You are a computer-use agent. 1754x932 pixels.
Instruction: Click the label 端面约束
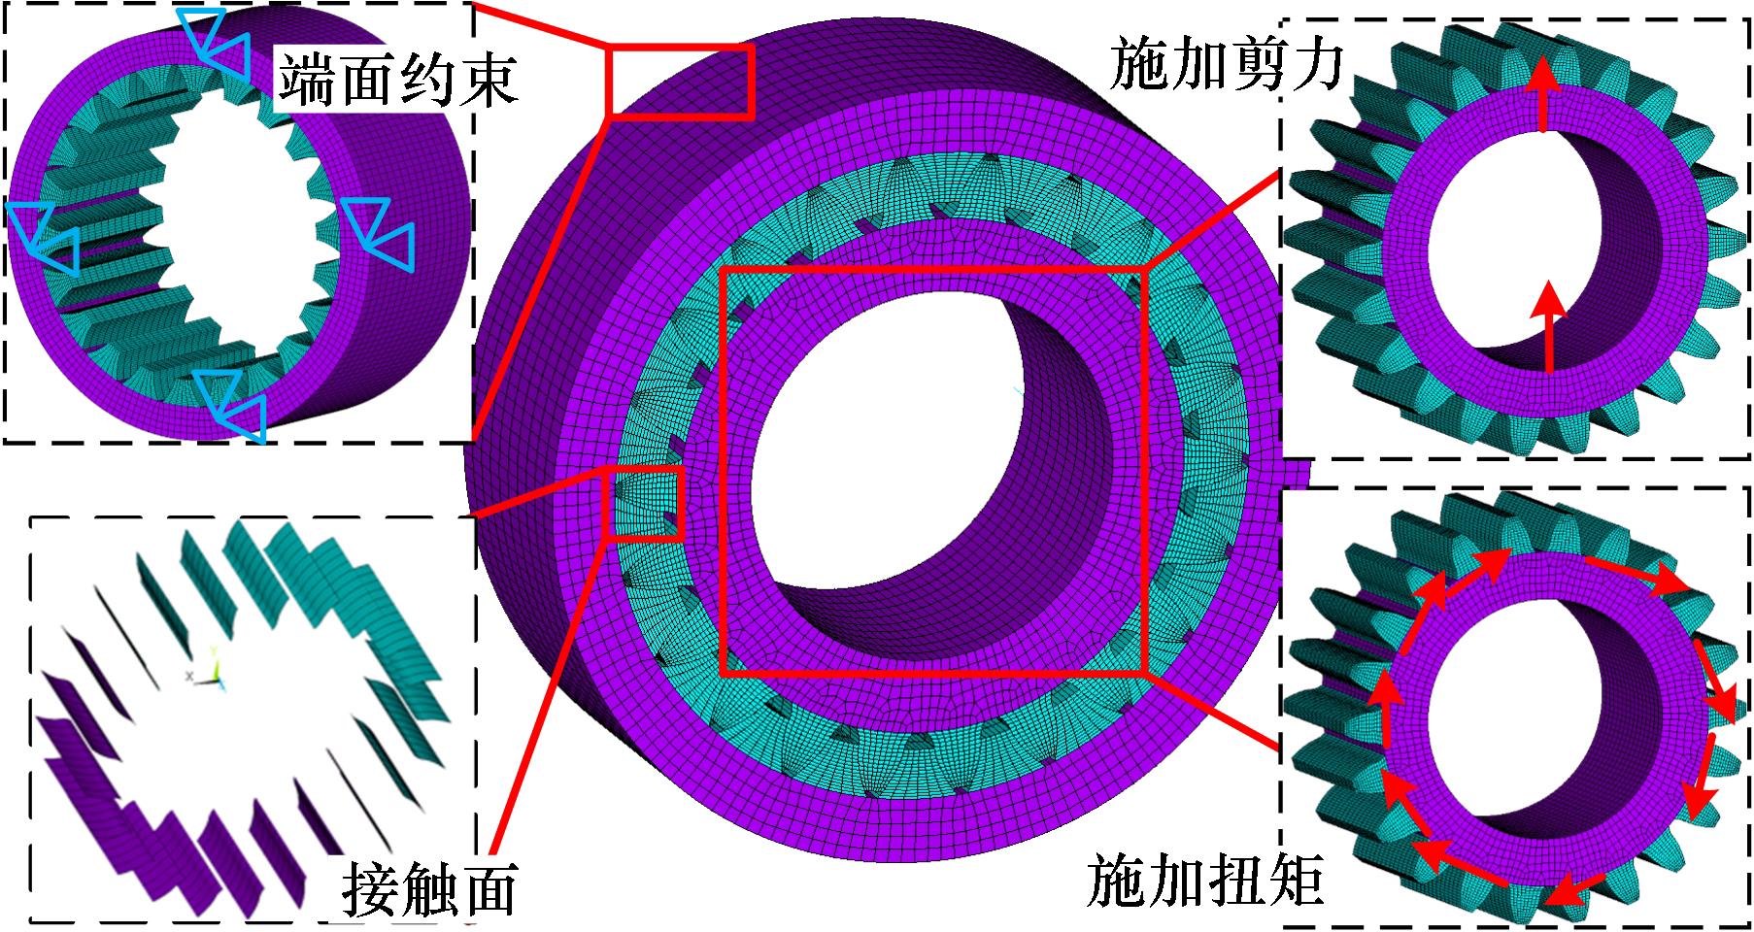[x=397, y=79]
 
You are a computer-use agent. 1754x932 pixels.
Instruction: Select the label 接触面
[x=428, y=887]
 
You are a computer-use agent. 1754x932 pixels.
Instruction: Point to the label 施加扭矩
[x=1205, y=880]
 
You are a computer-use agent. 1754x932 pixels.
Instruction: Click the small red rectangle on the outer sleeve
[x=680, y=81]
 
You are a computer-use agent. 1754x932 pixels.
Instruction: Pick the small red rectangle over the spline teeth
[x=643, y=502]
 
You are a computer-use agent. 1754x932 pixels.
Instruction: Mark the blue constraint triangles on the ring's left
[x=44, y=236]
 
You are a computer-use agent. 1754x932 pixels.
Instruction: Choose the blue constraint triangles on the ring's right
[x=382, y=233]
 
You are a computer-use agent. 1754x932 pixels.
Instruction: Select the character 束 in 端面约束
[x=487, y=79]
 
